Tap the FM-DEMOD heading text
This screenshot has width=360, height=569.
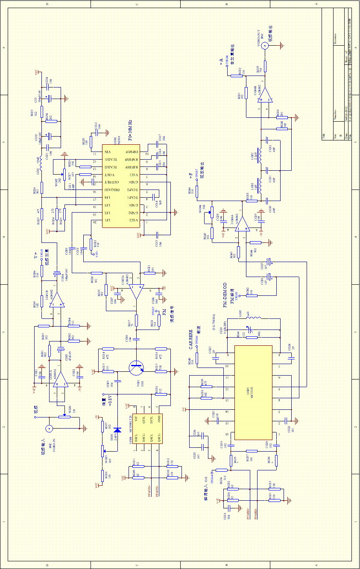pos(225,295)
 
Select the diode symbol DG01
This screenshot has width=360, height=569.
pos(118,430)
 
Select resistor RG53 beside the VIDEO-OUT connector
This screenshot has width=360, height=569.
pos(266,66)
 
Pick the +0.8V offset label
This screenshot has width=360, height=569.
pos(110,401)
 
